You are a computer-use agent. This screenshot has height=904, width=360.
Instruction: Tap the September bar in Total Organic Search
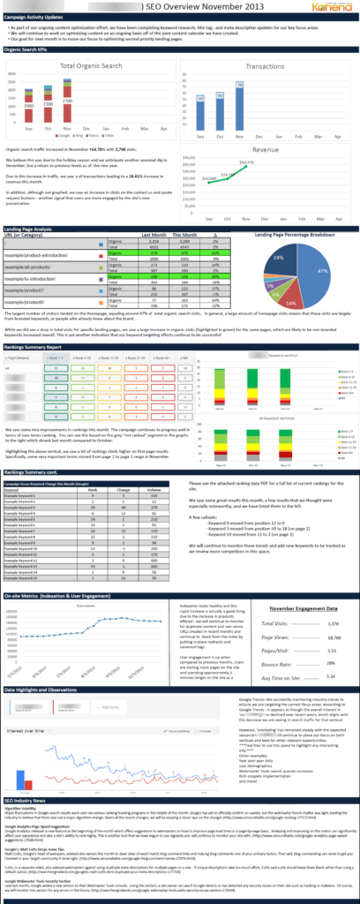point(28,109)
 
